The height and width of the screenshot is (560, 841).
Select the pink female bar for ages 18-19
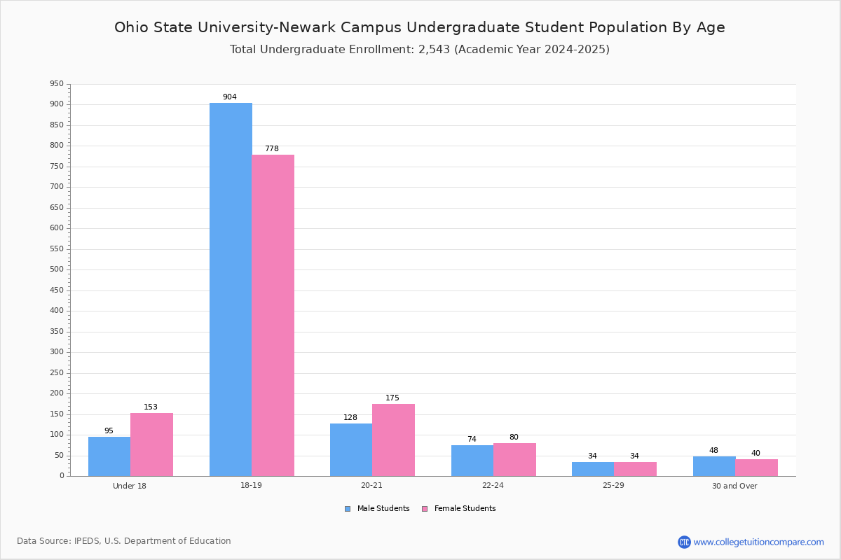tap(273, 315)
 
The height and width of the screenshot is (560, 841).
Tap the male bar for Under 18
tap(109, 456)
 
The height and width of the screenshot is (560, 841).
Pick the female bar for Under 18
tap(151, 444)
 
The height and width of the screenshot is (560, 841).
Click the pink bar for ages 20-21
tap(393, 440)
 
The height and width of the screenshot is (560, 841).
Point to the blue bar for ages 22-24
tap(472, 461)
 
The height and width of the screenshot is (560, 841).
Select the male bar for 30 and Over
tap(714, 466)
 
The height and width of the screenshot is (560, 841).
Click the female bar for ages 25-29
tap(635, 469)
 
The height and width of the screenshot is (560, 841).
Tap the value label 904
tap(230, 97)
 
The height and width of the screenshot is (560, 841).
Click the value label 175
tap(392, 398)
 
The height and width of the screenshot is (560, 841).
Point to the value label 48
tap(713, 451)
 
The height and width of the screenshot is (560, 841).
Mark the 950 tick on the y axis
tap(56, 84)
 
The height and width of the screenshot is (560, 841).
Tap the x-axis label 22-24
tap(493, 486)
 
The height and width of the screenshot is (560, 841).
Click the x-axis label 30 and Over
tap(734, 486)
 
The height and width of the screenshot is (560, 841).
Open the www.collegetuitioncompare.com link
tap(758, 542)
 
